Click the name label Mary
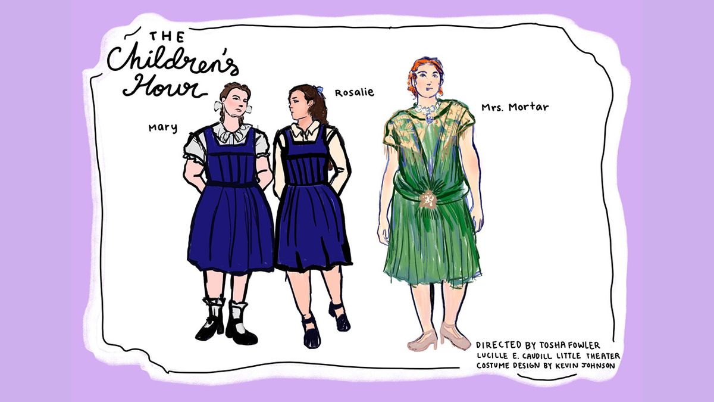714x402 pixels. tap(163, 128)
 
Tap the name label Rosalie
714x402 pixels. tap(354, 93)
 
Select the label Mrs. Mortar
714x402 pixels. tap(515, 107)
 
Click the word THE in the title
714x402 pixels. tap(167, 37)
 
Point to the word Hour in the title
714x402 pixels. tap(164, 86)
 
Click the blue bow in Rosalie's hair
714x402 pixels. tap(320, 91)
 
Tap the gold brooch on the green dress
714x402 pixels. tap(426, 199)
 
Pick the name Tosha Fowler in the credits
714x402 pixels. tap(569, 345)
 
